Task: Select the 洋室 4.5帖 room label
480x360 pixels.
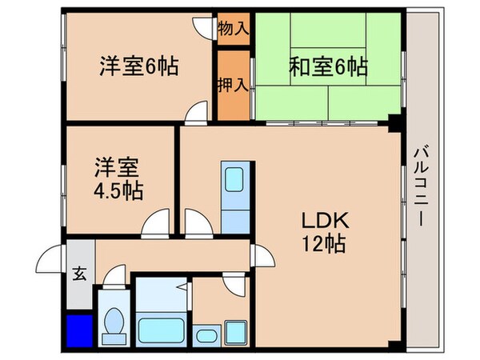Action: (119, 179)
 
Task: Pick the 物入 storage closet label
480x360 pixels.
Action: (233, 29)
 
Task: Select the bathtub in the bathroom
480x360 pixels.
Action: (162, 328)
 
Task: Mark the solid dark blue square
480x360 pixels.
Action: (78, 330)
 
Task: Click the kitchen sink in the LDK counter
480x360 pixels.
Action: (236, 179)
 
